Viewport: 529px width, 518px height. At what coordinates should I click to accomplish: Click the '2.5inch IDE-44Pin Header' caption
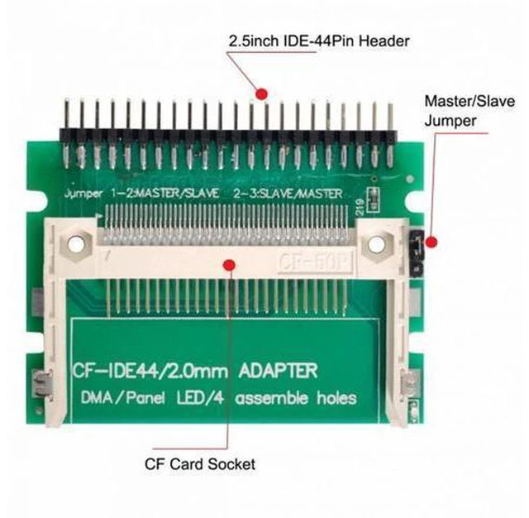tap(319, 41)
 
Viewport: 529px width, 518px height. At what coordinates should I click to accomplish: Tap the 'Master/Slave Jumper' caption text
tap(469, 111)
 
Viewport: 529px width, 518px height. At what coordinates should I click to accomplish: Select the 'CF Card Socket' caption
tap(200, 464)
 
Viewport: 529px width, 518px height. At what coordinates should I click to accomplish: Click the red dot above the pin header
tap(261, 94)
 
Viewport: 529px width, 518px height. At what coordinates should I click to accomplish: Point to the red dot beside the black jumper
tap(431, 242)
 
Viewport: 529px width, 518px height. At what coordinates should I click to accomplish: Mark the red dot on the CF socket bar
tap(230, 265)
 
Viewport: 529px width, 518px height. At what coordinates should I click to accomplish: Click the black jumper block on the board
tap(416, 253)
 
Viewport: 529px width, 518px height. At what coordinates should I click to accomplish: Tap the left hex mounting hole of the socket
tap(76, 243)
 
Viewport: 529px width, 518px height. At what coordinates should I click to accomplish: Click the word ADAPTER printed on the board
tap(278, 371)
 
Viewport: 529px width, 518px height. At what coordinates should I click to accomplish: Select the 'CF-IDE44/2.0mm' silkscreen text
tap(150, 371)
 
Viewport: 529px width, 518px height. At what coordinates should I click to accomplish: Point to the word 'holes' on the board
tap(336, 398)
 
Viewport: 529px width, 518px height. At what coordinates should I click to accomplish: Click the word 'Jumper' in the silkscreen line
tap(83, 194)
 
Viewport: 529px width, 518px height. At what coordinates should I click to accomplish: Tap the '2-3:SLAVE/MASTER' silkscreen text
tap(288, 194)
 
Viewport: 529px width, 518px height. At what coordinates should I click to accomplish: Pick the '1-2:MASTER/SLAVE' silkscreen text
tap(165, 194)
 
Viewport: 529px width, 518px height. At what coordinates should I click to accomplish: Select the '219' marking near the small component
tap(360, 206)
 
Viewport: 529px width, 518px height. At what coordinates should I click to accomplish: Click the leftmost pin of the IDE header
tap(67, 133)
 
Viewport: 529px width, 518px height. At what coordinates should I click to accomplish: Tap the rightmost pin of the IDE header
tap(390, 135)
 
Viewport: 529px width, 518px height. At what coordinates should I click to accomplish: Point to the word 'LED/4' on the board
tap(200, 398)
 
